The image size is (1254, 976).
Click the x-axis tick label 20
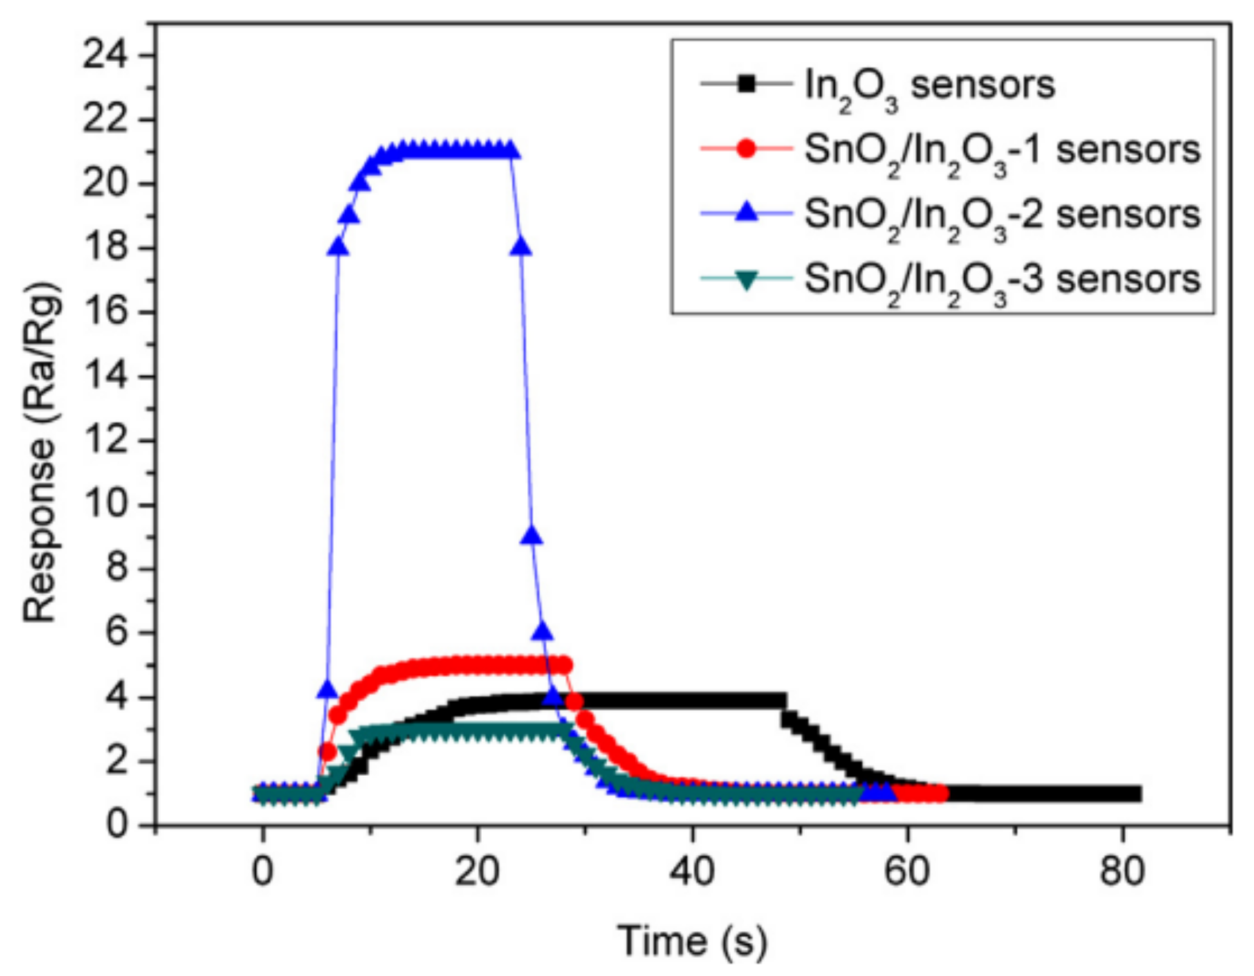click(477, 871)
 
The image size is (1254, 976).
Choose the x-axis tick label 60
click(907, 871)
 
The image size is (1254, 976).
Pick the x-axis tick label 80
click(1122, 871)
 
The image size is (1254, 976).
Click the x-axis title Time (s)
click(692, 941)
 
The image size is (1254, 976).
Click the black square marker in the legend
click(746, 84)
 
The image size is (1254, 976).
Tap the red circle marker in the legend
click(746, 148)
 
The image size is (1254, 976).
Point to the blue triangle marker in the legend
click(746, 212)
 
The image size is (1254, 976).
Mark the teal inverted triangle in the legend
click(746, 279)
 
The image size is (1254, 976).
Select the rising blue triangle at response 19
click(349, 215)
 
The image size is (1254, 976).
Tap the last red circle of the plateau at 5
click(564, 665)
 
